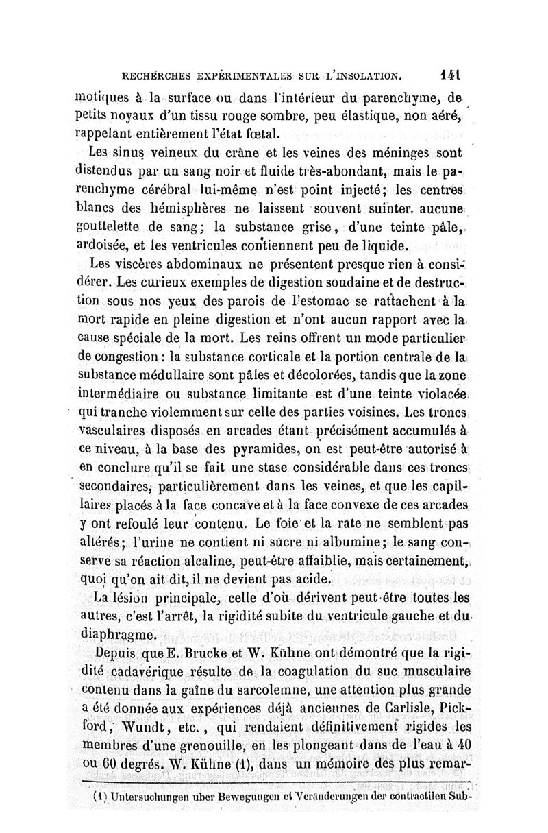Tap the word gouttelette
tap(112, 226)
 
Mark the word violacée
tap(438, 395)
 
